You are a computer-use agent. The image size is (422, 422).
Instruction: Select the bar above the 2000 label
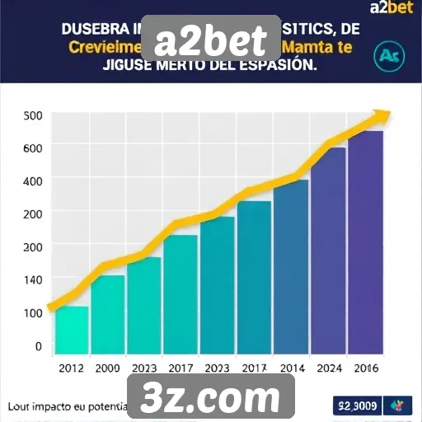click(108, 314)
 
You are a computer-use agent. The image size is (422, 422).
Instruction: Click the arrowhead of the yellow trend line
click(382, 116)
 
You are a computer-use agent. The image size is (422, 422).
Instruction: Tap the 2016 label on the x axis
click(365, 368)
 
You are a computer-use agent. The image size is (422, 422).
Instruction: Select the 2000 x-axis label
click(107, 368)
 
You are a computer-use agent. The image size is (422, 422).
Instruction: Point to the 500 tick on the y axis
click(33, 115)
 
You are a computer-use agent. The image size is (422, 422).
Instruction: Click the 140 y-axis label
click(32, 279)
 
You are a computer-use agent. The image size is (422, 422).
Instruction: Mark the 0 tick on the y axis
click(38, 346)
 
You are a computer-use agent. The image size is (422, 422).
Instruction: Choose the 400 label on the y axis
click(32, 181)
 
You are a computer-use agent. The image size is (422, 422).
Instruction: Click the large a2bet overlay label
click(211, 40)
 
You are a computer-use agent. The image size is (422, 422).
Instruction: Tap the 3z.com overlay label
click(211, 399)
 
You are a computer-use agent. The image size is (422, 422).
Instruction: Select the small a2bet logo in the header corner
click(395, 11)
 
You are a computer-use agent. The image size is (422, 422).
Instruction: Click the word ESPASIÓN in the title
click(273, 66)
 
